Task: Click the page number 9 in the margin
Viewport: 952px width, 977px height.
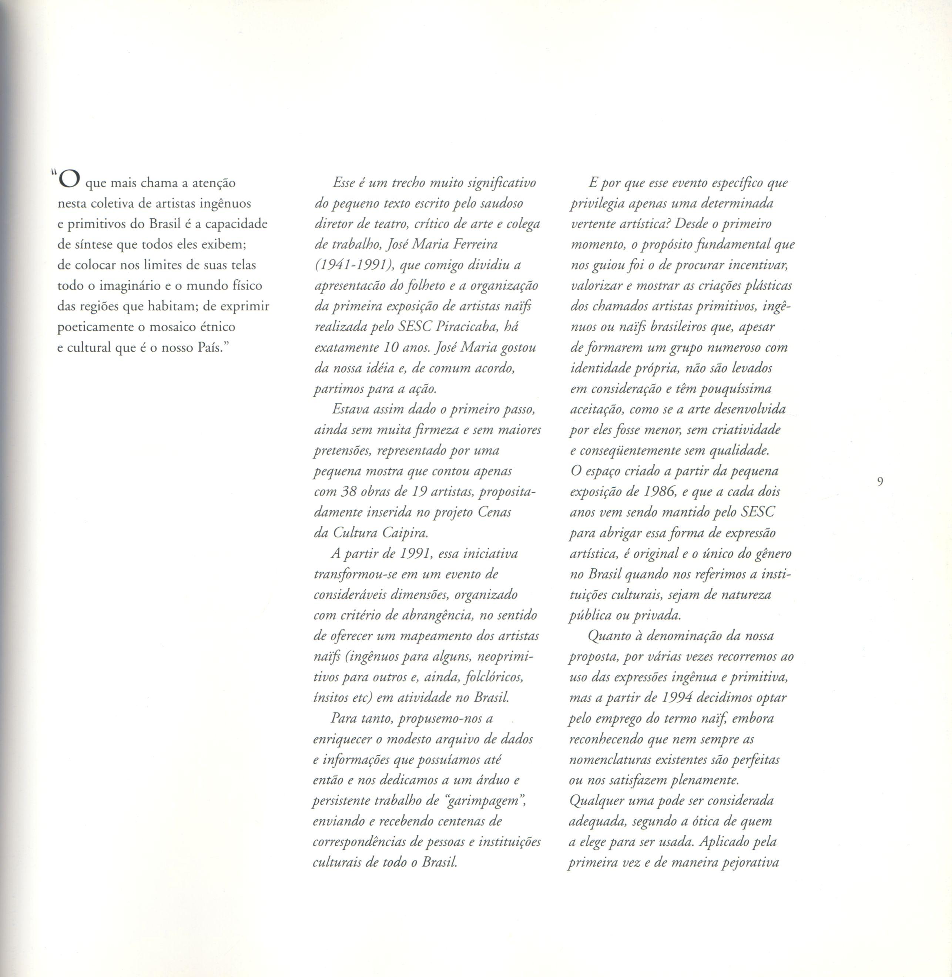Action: (x=880, y=481)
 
